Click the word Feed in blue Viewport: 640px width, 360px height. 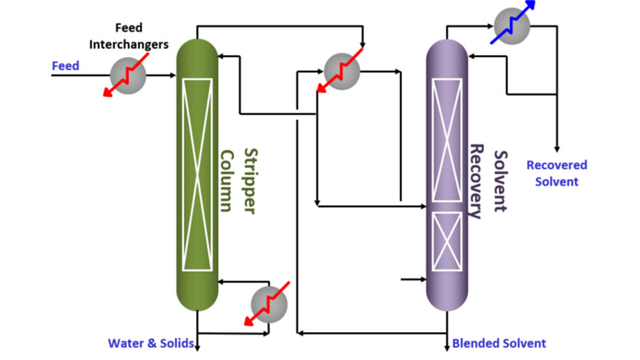(x=65, y=66)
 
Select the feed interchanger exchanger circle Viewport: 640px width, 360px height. (x=128, y=74)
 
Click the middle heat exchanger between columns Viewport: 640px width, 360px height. (x=342, y=72)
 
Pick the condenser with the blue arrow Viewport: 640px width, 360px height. (x=511, y=28)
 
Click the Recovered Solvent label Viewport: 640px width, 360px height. (x=556, y=173)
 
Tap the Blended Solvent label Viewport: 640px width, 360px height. (x=499, y=344)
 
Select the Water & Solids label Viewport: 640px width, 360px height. (x=151, y=344)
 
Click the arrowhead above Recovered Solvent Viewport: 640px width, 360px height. (x=557, y=148)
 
